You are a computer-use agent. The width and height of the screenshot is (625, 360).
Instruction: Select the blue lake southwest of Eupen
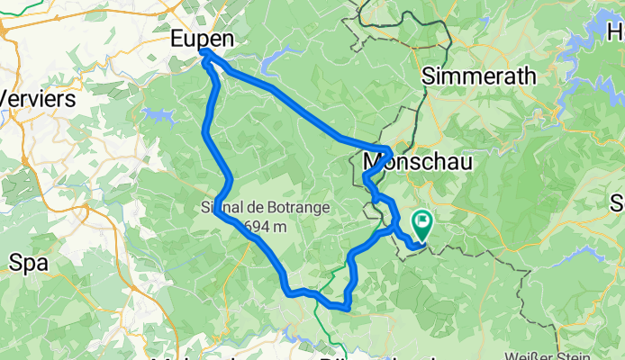pos(157,116)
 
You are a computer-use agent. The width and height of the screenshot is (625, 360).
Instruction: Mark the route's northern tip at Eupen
pos(206,54)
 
